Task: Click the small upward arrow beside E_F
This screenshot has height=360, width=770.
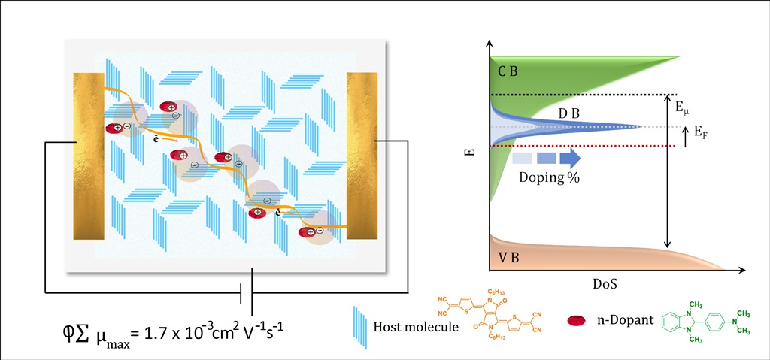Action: coord(685,136)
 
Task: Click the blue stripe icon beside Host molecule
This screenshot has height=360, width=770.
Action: coord(360,326)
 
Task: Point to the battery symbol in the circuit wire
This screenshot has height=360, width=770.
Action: coord(246,292)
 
